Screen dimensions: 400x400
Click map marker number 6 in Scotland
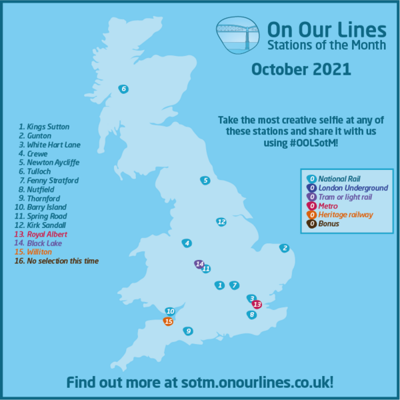point(123,89)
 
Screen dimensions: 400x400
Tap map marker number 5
point(205,180)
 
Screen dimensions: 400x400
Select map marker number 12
point(221,222)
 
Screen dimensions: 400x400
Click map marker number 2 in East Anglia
point(285,248)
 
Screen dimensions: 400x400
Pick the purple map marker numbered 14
point(199,264)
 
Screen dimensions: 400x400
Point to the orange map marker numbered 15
point(169,321)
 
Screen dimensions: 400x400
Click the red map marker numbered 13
point(257,305)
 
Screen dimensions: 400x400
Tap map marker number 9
point(189,331)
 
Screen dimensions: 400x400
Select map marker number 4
point(187,243)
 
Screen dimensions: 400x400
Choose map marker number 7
point(233,285)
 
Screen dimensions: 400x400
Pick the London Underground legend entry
point(346,187)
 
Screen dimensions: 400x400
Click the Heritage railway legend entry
point(345,214)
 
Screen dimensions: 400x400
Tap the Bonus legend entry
point(327,223)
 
